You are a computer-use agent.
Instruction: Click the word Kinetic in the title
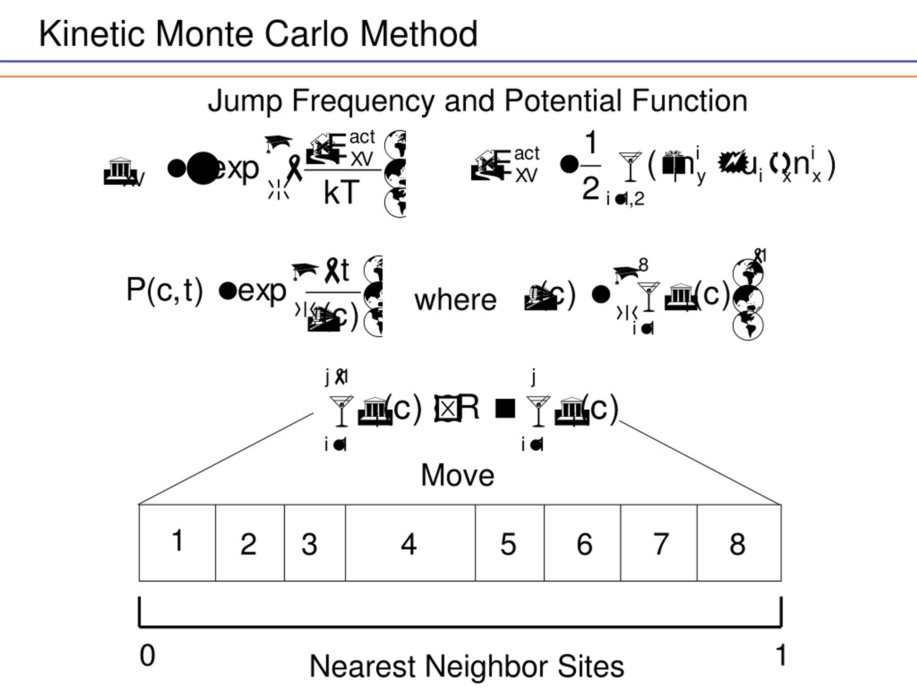(x=92, y=34)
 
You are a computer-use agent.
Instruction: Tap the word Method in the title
(x=419, y=34)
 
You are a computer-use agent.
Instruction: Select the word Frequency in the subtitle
(x=363, y=101)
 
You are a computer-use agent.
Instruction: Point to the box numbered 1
(x=177, y=543)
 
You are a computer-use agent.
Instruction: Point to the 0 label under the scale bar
(x=147, y=655)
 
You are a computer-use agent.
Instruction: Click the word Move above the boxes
(x=458, y=475)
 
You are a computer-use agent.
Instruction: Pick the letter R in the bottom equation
(x=469, y=407)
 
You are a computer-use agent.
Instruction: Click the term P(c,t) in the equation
(x=164, y=290)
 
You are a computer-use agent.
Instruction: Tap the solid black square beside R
(x=505, y=408)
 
